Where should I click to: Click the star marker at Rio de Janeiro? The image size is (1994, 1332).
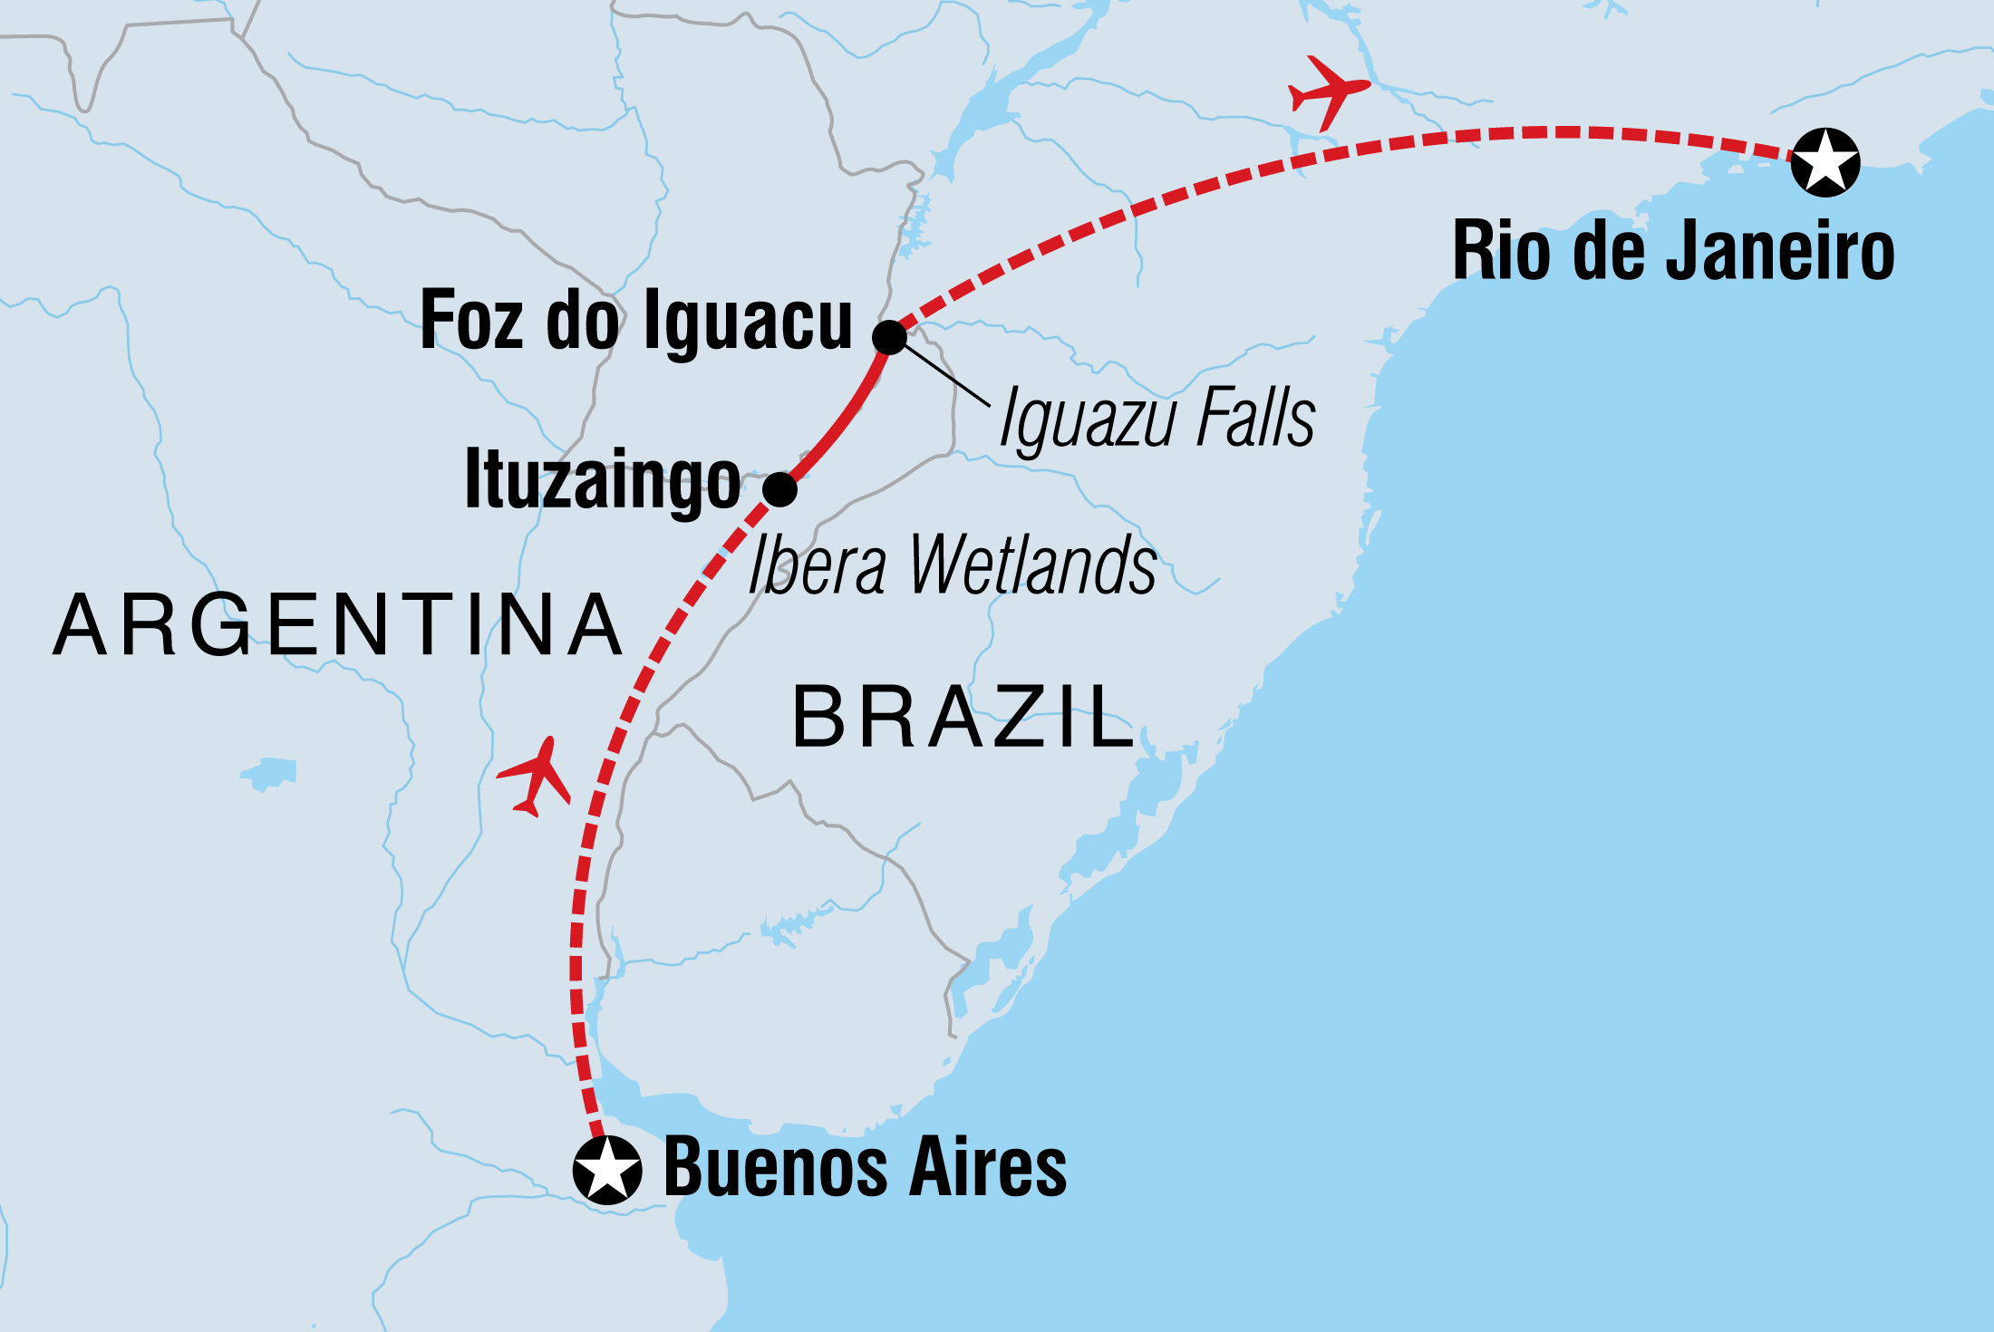[1825, 162]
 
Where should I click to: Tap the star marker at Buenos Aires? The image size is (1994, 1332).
[607, 1169]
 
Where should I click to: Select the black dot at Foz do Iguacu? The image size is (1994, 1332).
[889, 337]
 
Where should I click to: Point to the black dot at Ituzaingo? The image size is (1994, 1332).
[779, 489]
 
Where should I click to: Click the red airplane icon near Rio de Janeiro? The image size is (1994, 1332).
[1327, 91]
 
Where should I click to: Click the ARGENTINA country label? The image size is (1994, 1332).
[337, 625]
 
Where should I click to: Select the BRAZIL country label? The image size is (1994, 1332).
[963, 718]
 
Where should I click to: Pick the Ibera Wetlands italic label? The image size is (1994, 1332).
[952, 565]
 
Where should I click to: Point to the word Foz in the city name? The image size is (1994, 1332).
[472, 320]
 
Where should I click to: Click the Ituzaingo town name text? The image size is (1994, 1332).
[603, 481]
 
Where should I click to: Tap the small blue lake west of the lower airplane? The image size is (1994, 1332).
[269, 773]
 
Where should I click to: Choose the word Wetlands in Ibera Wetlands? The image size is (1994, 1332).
[1033, 565]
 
